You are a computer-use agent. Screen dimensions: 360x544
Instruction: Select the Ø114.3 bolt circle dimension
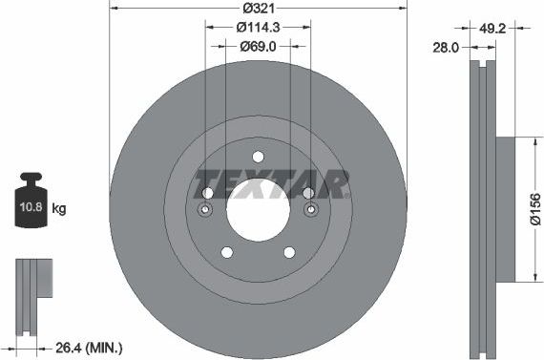pyautogui.click(x=258, y=28)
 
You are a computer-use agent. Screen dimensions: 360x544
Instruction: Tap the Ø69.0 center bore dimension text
pyautogui.click(x=258, y=47)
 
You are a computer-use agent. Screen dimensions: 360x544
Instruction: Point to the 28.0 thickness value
pyautogui.click(x=446, y=46)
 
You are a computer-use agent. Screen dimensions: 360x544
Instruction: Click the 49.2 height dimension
pyautogui.click(x=492, y=28)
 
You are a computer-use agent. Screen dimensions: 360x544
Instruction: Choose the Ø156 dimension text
pyautogui.click(x=534, y=209)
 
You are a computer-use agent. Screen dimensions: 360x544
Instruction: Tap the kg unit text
pyautogui.click(x=58, y=208)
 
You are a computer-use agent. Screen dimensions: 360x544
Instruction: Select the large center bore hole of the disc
pyautogui.click(x=258, y=208)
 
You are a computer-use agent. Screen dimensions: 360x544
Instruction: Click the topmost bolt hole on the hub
pyautogui.click(x=258, y=158)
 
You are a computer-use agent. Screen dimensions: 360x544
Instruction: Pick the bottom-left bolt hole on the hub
pyautogui.click(x=227, y=252)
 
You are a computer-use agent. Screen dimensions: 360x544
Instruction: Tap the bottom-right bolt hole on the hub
pyautogui.click(x=288, y=252)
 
